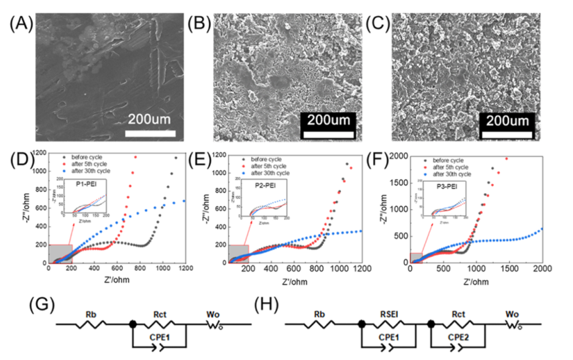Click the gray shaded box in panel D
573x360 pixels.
pyautogui.click(x=60, y=253)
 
